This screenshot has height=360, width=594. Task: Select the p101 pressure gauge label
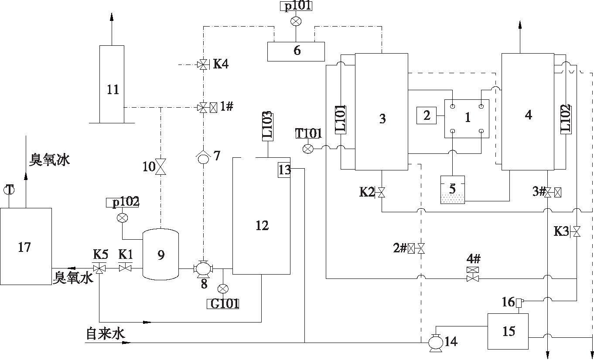296,6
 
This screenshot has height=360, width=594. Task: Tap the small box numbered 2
427,115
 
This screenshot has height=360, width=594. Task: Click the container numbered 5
452,189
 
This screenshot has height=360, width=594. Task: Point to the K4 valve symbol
202,65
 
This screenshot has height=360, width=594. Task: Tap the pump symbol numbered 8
202,269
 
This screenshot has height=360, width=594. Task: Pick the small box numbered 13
284,170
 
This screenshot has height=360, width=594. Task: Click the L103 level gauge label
267,126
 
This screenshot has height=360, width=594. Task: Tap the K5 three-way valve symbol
100,268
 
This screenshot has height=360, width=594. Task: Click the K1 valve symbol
126,268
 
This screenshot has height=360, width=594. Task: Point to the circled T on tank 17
9,190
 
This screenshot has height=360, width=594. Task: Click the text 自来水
106,334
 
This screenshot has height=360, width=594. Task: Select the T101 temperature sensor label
308,133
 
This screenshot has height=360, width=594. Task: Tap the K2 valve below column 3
382,192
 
